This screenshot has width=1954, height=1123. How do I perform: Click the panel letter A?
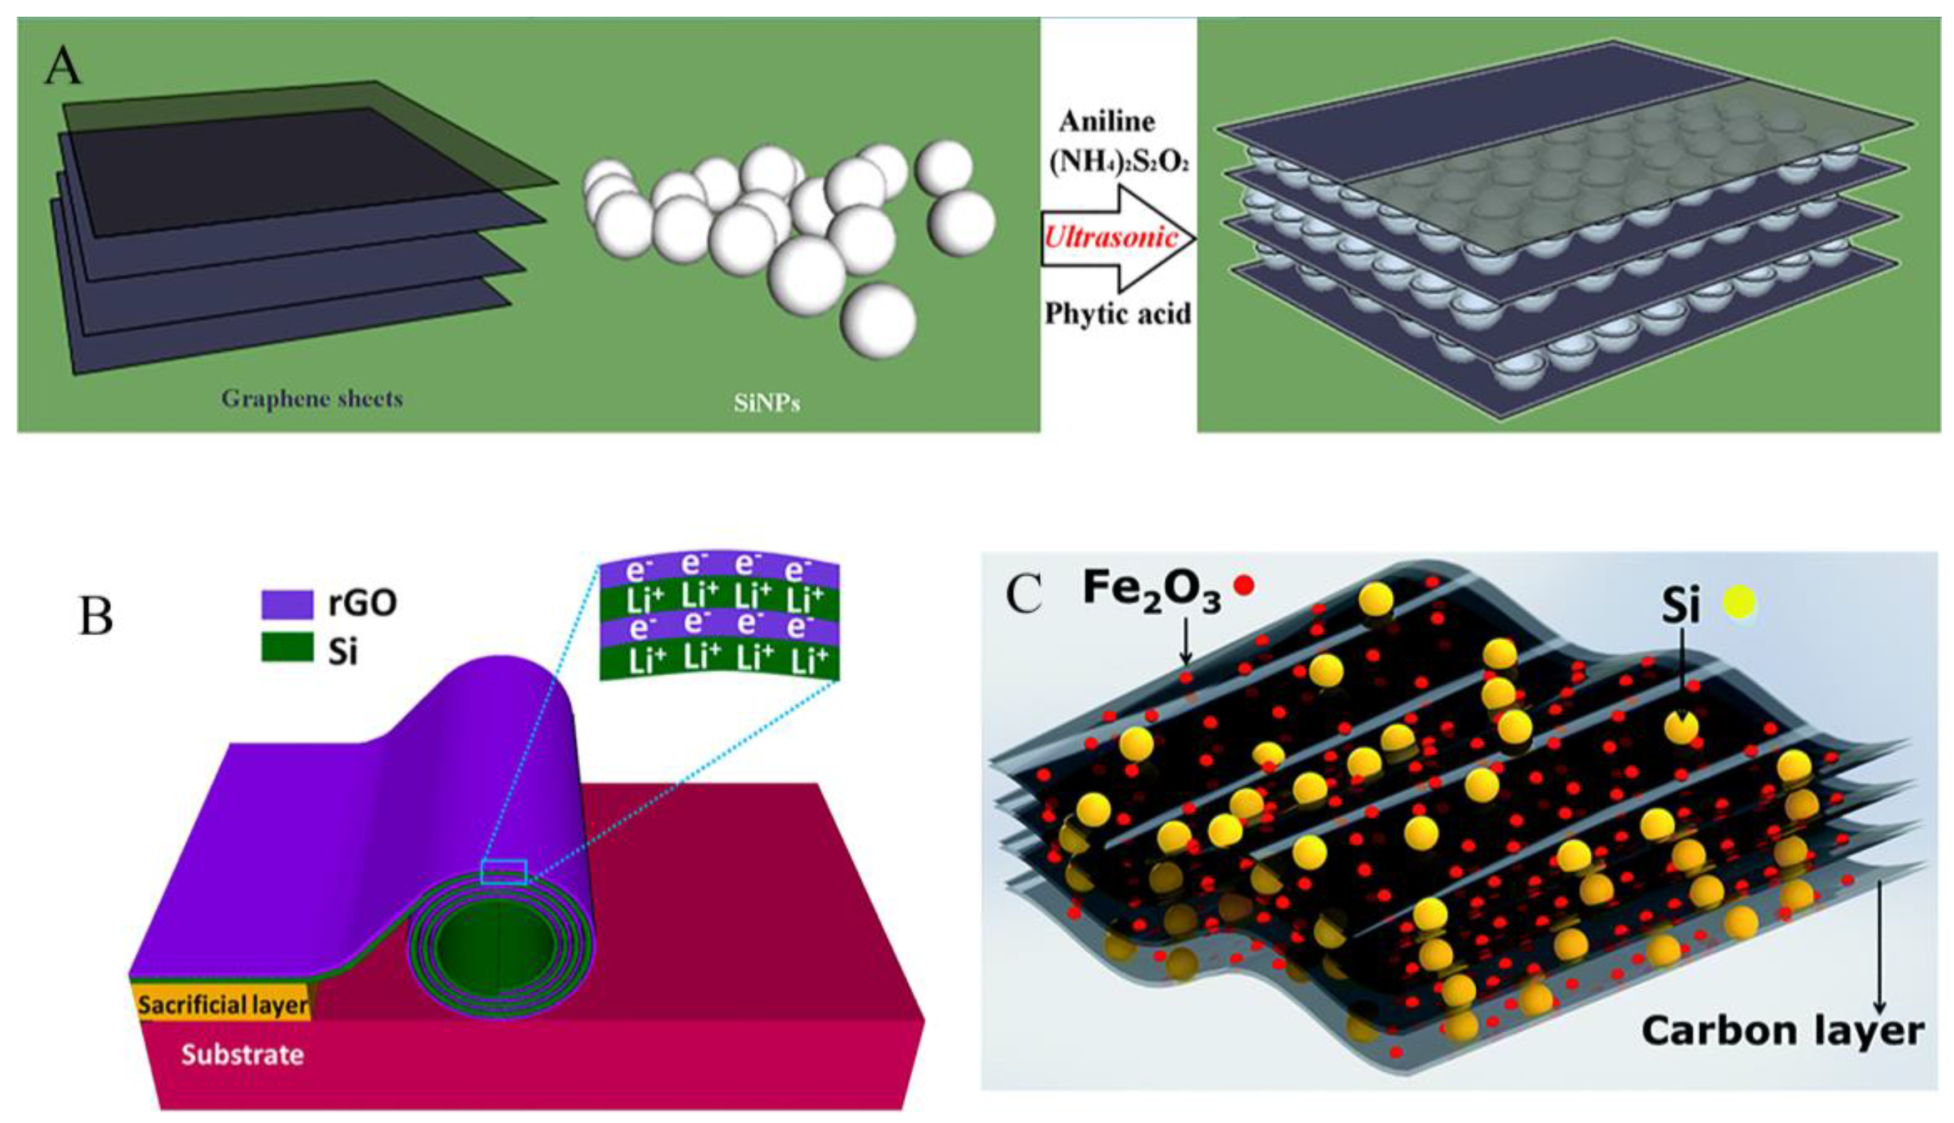pos(62,66)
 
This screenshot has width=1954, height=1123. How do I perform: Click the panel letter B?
pos(96,616)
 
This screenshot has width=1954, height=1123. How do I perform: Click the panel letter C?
pos(1024,594)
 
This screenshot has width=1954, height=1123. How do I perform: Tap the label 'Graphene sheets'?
pos(312,399)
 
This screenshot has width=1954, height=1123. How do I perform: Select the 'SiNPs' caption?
pos(766,403)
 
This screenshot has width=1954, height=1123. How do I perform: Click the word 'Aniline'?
pos(1106,121)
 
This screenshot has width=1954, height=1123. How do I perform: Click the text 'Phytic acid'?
pos(1117,313)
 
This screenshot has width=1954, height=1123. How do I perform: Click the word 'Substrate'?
pos(243,1055)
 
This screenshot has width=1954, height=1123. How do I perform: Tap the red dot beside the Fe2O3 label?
pos(1244,586)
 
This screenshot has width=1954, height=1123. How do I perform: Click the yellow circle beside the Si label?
pos(1740,602)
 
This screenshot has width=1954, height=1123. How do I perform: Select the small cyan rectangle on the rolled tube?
pos(503,872)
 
